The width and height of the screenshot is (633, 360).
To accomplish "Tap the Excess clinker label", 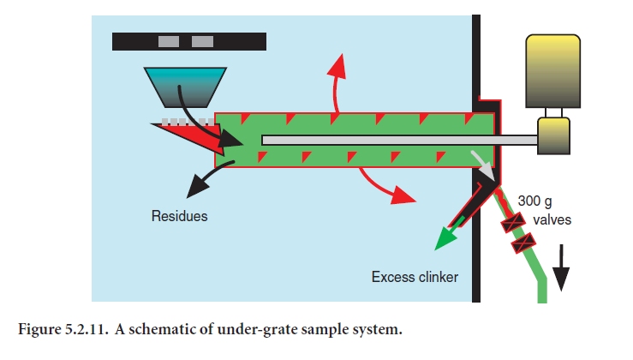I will point(414,277).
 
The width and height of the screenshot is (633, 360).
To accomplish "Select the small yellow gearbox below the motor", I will point(553,135).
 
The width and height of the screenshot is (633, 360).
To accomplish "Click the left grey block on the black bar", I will point(169,40).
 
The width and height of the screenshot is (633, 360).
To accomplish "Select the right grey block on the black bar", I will point(202,40).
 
